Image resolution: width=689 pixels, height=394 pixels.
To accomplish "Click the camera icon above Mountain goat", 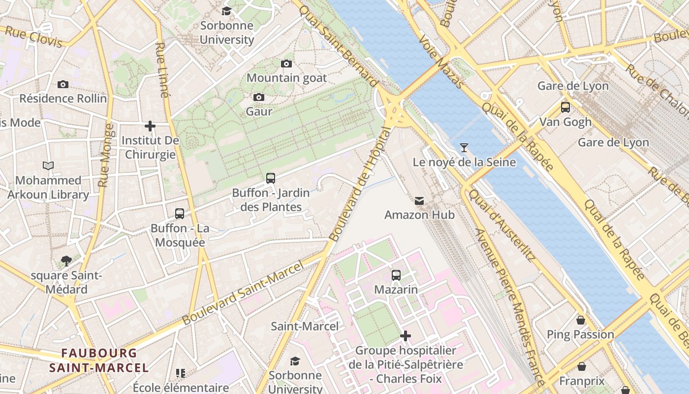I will [x=286, y=64].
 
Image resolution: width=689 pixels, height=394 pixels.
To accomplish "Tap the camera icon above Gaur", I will [x=259, y=98].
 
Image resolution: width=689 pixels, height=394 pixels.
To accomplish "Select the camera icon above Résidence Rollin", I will [x=63, y=84].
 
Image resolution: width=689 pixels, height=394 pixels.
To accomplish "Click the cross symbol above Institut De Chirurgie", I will [x=150, y=127].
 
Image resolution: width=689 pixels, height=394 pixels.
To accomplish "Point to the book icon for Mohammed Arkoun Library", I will [x=48, y=166].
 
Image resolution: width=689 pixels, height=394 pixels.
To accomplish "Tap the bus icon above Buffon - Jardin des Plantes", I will [x=271, y=178].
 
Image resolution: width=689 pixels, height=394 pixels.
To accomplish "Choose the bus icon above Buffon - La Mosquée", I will [x=180, y=214].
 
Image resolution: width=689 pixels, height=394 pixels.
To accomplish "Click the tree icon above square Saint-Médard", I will [x=66, y=261].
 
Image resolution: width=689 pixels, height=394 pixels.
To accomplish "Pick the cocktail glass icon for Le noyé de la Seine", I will [x=464, y=147].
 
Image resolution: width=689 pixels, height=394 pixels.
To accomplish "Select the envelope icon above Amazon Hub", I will [x=419, y=200].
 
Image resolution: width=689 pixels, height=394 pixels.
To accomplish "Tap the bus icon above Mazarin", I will [x=396, y=275].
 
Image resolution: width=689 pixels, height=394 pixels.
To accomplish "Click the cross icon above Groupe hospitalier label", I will [x=406, y=336].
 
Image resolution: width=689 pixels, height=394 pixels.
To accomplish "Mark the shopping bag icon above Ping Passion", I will [x=581, y=320].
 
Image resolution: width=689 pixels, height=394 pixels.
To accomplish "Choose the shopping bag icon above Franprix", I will [x=582, y=366].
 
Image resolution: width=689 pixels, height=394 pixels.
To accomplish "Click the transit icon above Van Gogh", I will [x=565, y=107].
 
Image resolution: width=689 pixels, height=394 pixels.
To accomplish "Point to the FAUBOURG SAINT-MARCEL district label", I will [x=98, y=360].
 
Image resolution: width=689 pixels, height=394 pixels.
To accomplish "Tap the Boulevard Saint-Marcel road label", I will [x=243, y=294].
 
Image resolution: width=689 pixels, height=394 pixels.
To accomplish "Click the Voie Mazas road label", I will [x=441, y=61].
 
